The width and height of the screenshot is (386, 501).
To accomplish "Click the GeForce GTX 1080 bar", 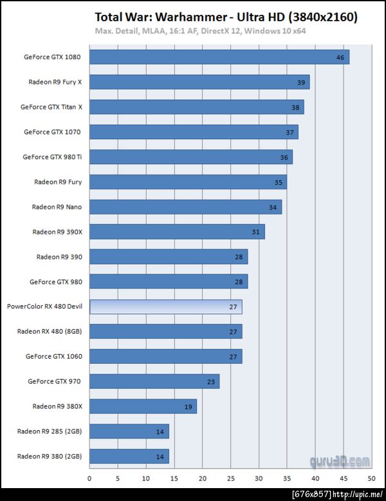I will [x=219, y=57].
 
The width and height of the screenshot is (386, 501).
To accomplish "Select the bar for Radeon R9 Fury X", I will [x=199, y=82].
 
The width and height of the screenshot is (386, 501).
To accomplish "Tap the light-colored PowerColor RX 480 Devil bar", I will [x=165, y=307].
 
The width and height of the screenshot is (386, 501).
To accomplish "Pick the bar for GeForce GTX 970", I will [x=154, y=381].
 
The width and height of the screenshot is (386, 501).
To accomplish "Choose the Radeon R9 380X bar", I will [x=143, y=406].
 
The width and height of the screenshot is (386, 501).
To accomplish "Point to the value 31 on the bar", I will [x=256, y=232].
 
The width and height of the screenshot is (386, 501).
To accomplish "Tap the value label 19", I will [x=188, y=406].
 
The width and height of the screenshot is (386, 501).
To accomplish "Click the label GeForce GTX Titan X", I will [x=51, y=107].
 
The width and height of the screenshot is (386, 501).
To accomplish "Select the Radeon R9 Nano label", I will [x=57, y=207].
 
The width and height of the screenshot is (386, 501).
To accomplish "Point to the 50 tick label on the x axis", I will [x=371, y=478].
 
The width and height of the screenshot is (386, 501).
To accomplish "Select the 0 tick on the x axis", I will [x=89, y=478].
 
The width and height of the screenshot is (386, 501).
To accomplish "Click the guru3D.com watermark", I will [x=340, y=461].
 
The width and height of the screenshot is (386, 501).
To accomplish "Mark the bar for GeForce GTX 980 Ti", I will [x=191, y=157].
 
